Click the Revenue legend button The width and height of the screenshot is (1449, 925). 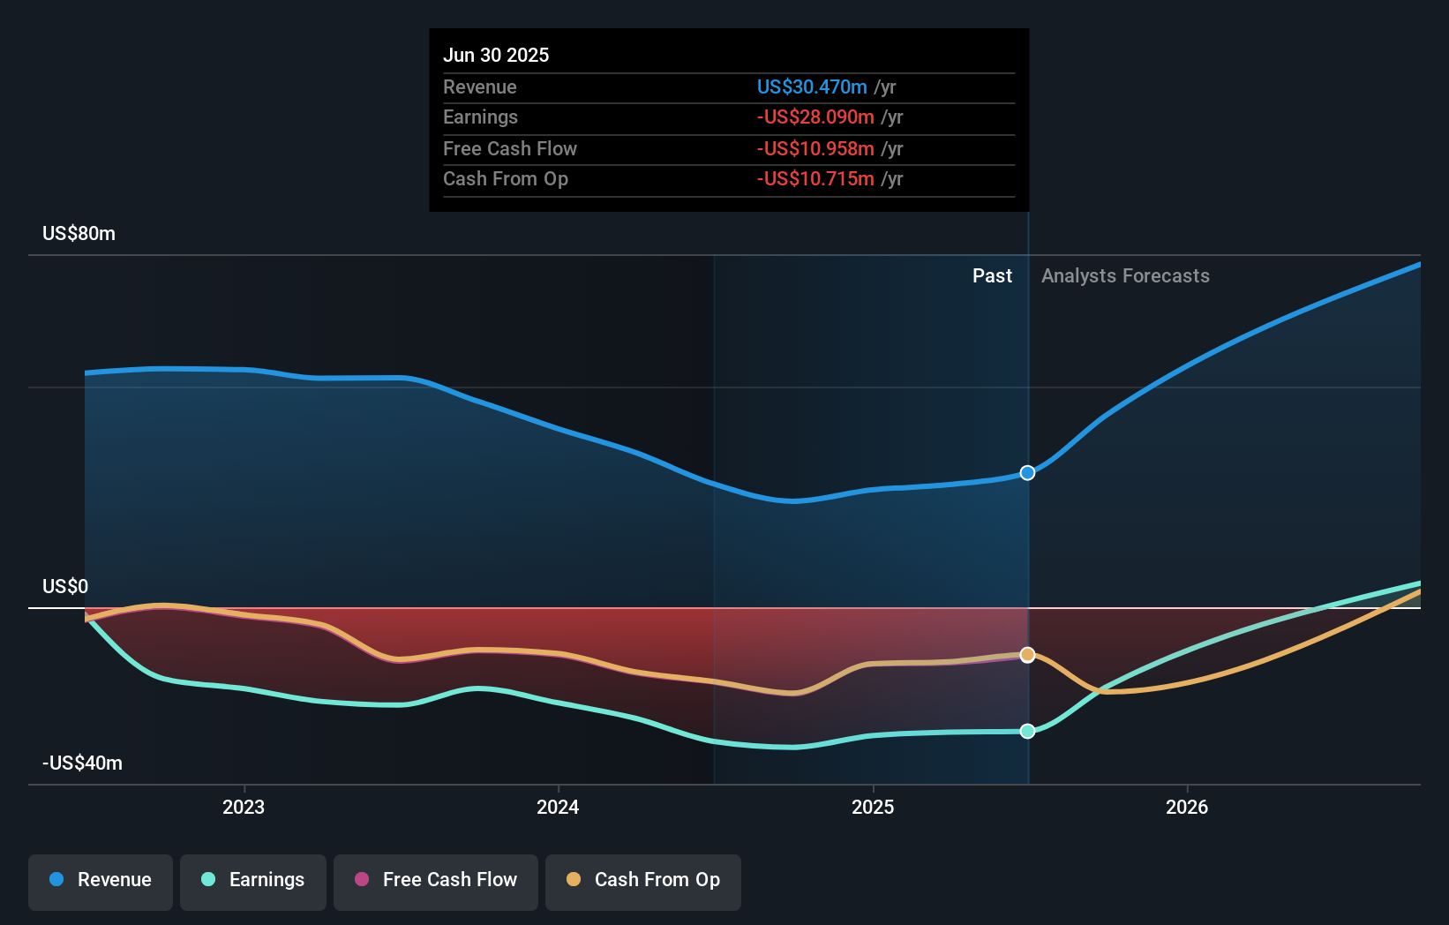[101, 880]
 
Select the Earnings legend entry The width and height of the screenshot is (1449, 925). [253, 880]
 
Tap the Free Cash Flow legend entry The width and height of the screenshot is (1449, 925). [436, 880]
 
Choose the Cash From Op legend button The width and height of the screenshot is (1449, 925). [643, 880]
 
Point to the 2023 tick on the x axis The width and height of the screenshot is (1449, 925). [244, 807]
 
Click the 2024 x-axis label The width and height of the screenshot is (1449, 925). [558, 807]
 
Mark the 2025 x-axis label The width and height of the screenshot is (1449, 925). [873, 807]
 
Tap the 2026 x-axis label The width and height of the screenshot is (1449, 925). [1187, 807]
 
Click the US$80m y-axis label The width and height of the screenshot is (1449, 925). [79, 234]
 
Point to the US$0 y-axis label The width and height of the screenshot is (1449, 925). [65, 587]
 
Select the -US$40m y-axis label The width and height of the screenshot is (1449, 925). [82, 763]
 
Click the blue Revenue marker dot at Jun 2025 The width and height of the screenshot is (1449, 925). [1027, 473]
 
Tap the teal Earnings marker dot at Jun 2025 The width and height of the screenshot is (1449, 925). [1027, 731]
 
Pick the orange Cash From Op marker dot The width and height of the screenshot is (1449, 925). [1027, 655]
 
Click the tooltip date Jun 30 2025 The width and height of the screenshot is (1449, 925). [496, 55]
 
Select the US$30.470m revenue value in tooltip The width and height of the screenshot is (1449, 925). [812, 86]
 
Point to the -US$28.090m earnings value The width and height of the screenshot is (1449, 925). [815, 117]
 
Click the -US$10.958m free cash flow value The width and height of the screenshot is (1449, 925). [815, 148]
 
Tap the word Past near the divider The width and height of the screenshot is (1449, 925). [992, 276]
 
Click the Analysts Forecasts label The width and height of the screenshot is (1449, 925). [1125, 276]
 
